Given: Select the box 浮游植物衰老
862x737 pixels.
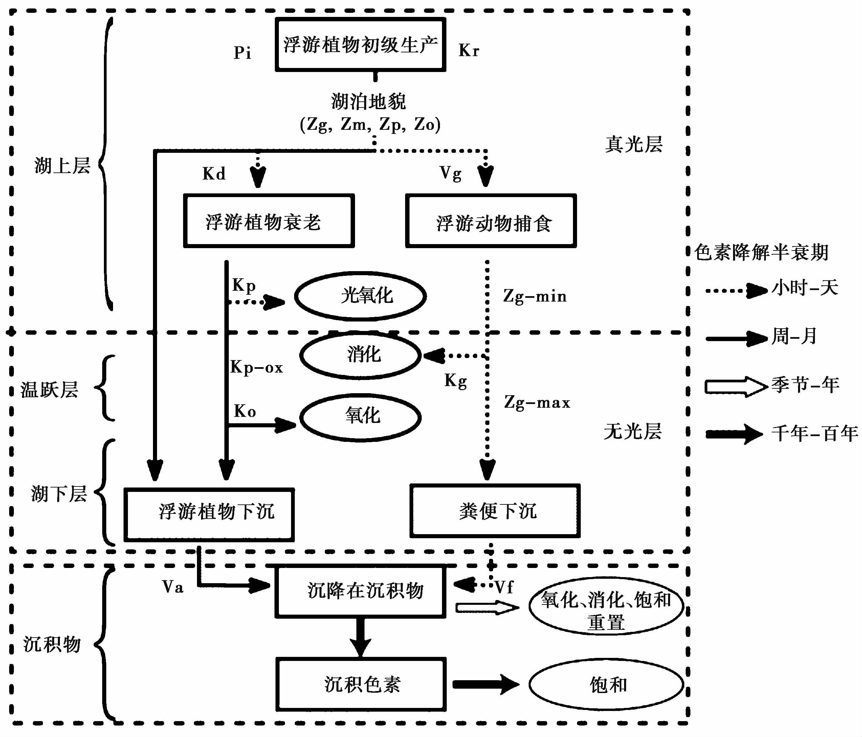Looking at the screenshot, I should (x=269, y=221).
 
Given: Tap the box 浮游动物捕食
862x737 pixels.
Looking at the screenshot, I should (x=491, y=221).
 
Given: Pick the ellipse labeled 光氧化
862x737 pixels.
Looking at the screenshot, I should (x=360, y=296).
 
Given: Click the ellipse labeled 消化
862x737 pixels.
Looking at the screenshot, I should (x=360, y=355).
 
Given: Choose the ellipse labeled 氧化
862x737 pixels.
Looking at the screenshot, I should (x=360, y=417).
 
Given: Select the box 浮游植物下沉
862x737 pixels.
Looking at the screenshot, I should (x=209, y=515).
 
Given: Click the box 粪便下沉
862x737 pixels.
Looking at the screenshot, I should (x=495, y=511).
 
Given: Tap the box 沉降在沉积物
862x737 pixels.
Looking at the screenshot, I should (x=360, y=591).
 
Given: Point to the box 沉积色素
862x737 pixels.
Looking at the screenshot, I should (x=361, y=684).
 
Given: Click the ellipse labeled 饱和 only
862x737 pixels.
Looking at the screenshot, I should (x=606, y=684).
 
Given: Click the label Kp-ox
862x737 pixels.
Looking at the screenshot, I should (x=257, y=367).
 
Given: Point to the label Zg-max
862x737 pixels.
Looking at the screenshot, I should (x=537, y=402).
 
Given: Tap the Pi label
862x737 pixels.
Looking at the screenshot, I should (x=243, y=53).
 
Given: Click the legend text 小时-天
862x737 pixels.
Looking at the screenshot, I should (x=804, y=288).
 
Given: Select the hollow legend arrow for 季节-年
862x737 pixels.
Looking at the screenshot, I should (x=735, y=386).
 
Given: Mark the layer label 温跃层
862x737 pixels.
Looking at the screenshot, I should (x=49, y=389).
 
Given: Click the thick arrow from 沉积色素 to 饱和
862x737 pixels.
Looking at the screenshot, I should (x=486, y=684).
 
